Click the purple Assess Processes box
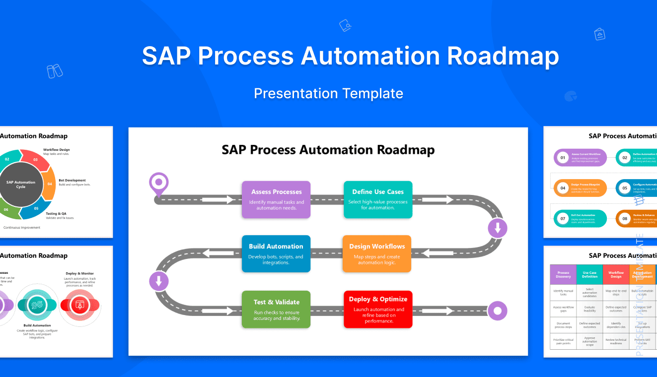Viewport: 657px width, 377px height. (276, 199)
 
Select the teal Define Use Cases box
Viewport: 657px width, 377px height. (378, 199)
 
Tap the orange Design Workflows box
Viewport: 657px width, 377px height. (377, 253)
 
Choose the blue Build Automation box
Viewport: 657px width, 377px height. (276, 253)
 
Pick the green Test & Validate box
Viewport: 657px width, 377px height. (276, 309)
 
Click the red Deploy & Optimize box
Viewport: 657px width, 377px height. (378, 309)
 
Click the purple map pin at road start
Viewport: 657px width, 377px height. (159, 183)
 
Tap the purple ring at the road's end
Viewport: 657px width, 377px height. (497, 311)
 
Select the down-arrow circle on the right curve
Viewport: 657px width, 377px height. (498, 229)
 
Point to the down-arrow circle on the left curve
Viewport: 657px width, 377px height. (159, 282)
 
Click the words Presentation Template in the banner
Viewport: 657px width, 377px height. (328, 93)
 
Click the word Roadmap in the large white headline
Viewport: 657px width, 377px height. (503, 56)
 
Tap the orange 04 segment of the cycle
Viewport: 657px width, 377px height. (49, 184)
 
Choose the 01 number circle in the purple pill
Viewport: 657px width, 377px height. (563, 158)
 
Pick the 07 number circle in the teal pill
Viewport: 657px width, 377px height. (563, 218)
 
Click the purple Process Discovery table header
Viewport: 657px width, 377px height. (563, 274)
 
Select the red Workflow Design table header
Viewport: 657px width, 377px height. (616, 274)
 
